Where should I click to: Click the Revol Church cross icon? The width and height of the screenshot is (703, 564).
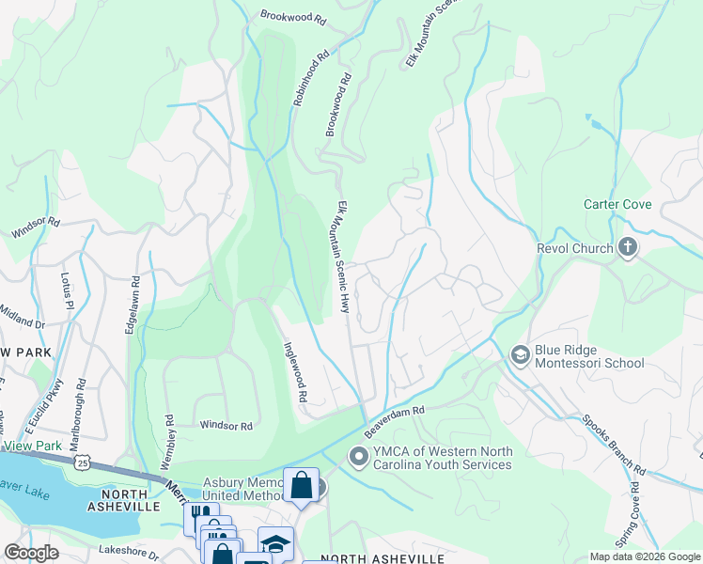pos(628,248)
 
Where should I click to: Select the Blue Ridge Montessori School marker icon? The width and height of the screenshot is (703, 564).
pos(520,354)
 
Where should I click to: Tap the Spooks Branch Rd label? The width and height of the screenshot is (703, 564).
pos(612,443)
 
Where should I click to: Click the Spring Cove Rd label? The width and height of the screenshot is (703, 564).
pos(635,513)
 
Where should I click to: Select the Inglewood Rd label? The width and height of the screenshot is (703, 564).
pos(295,372)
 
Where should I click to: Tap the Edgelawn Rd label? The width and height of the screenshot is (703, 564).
pos(133,305)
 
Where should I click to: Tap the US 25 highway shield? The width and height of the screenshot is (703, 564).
pos(84,463)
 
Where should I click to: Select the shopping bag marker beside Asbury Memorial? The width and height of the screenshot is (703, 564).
pos(301,486)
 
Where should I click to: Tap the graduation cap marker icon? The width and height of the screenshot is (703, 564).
pos(275,544)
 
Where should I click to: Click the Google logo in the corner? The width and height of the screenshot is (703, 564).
pos(32,553)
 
